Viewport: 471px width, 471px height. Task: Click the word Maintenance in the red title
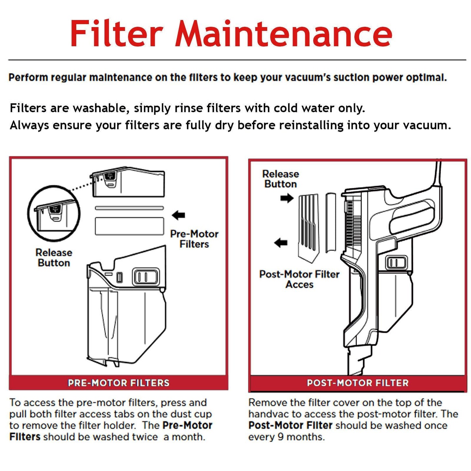click(x=284, y=34)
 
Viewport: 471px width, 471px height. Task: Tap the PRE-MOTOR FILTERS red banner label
click(x=119, y=383)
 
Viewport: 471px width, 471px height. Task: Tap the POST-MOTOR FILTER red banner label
click(x=358, y=383)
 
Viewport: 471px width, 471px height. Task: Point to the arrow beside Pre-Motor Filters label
click(x=178, y=215)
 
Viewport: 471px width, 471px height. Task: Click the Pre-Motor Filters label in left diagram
click(x=194, y=239)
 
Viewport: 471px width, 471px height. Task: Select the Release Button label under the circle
click(x=54, y=258)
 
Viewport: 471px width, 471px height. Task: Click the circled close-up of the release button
click(x=54, y=213)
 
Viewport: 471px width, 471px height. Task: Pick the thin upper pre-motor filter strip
click(x=129, y=208)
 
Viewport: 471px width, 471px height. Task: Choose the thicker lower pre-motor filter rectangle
click(x=129, y=226)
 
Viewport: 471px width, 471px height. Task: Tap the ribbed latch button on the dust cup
click(x=146, y=277)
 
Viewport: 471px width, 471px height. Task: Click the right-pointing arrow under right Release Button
click(x=287, y=198)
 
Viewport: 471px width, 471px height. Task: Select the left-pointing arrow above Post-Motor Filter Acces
click(x=281, y=243)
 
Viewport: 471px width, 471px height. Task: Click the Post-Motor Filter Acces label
click(x=299, y=279)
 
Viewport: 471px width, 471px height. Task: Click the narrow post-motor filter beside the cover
click(x=331, y=222)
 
